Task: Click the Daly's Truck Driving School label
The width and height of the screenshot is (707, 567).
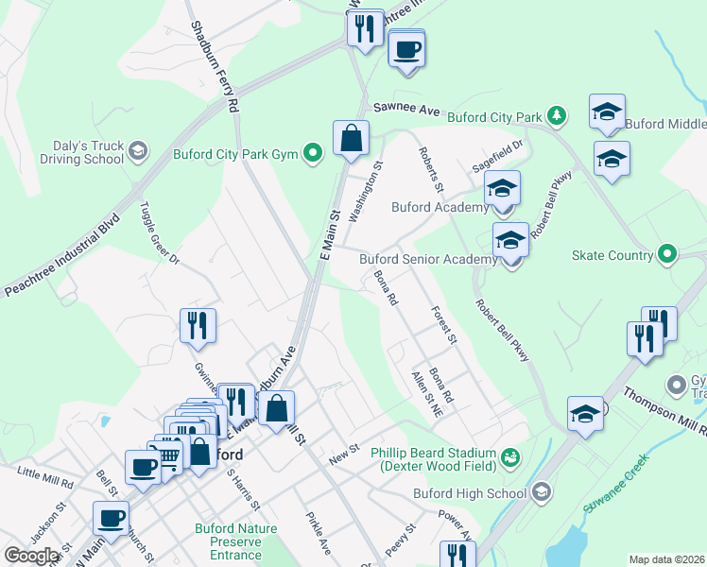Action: point(78,151)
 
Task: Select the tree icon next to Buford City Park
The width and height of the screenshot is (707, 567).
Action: point(557,117)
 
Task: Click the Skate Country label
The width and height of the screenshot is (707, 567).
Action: point(612,255)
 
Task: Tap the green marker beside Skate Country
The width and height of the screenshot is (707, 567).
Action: point(667,254)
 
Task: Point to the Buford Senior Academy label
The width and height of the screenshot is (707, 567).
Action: point(427,259)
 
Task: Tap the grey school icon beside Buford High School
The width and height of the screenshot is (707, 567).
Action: point(541,492)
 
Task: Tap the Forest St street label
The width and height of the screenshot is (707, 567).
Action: point(443,324)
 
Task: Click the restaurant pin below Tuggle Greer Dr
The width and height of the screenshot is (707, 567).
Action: point(198,326)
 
